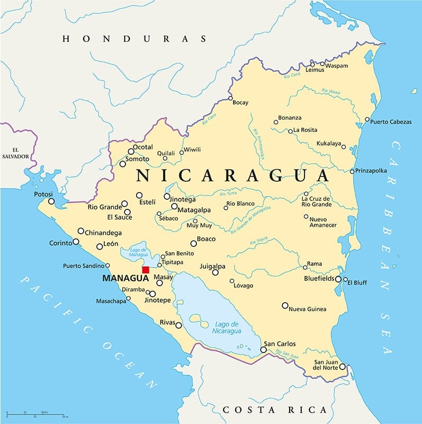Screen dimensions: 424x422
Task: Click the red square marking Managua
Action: click(x=146, y=270)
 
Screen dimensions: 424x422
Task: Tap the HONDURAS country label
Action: click(x=134, y=39)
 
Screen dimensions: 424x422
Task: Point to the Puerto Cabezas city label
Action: click(x=391, y=122)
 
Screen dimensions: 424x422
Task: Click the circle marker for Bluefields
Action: click(x=338, y=279)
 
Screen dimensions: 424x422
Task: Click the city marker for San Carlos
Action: click(x=263, y=350)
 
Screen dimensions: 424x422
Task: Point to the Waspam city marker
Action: click(x=322, y=64)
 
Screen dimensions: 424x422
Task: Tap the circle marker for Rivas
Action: click(x=179, y=325)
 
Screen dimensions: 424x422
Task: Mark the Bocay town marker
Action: click(x=230, y=98)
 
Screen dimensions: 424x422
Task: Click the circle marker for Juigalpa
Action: click(x=216, y=272)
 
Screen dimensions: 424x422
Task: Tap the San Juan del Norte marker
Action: click(x=343, y=367)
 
